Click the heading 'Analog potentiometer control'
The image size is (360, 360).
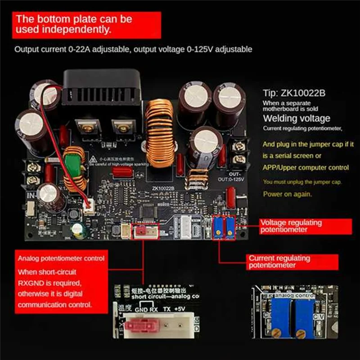point(62,258)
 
